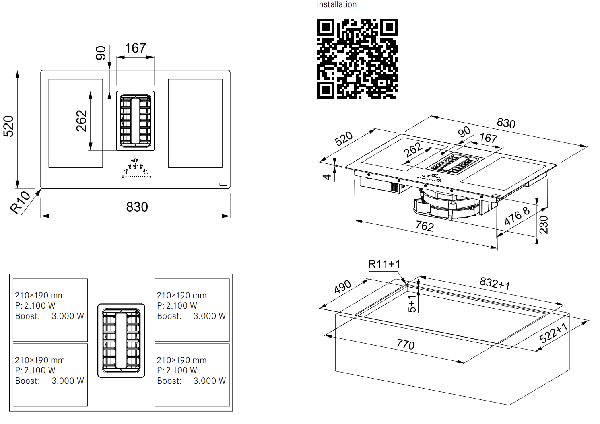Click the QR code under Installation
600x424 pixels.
(357, 59)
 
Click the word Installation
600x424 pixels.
(336, 4)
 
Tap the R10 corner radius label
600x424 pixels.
(20, 202)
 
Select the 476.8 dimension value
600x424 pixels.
(517, 216)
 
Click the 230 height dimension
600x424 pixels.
(544, 224)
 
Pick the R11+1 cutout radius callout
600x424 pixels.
(384, 264)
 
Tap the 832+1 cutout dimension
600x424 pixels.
(495, 283)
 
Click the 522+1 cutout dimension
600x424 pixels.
(553, 333)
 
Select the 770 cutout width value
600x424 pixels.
(406, 344)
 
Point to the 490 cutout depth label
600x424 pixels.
(342, 286)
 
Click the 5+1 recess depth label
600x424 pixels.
(412, 304)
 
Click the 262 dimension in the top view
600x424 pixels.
(81, 121)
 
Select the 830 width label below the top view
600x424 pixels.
(137, 207)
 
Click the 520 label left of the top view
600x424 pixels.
(8, 126)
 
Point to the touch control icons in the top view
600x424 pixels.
(136, 168)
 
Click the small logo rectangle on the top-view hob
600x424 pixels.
(223, 184)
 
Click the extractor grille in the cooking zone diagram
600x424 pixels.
(121, 340)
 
